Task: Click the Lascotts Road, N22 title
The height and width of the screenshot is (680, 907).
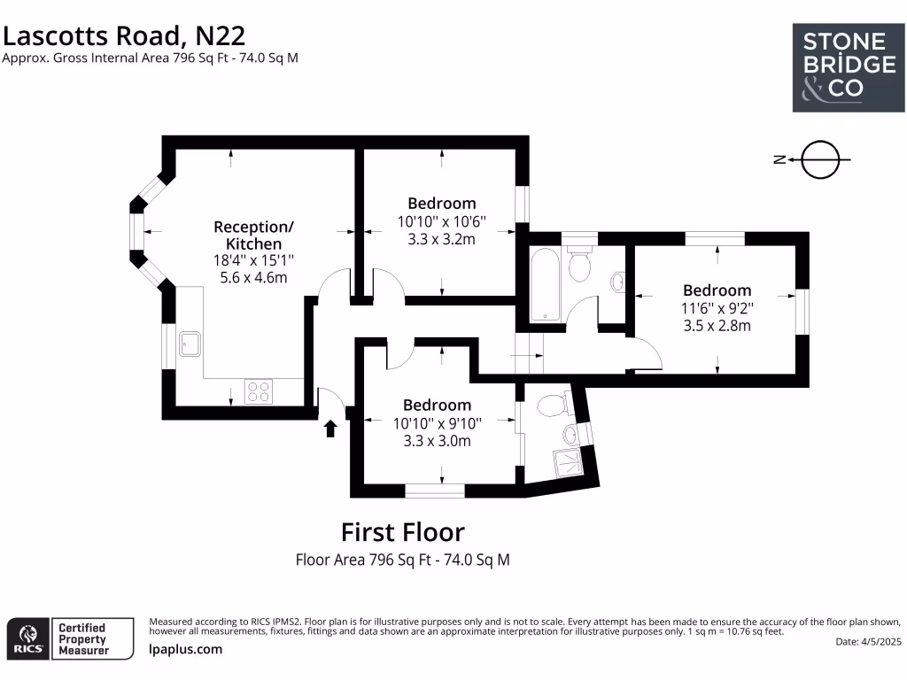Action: click(x=124, y=35)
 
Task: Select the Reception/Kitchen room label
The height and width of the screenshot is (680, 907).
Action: click(x=253, y=235)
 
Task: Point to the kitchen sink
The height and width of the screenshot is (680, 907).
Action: click(x=190, y=343)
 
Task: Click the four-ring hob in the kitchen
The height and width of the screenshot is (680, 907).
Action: click(x=258, y=390)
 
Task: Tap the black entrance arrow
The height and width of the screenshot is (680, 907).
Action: click(x=330, y=429)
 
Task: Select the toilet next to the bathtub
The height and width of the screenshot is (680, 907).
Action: click(x=580, y=264)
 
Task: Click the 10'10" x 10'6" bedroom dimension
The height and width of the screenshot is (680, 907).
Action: click(x=441, y=220)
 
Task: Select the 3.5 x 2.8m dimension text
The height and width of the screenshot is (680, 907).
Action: click(x=717, y=325)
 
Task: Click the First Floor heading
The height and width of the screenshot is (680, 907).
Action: click(x=402, y=532)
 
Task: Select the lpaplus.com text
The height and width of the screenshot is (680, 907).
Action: click(x=185, y=649)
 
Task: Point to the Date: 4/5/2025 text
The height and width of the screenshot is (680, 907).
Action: click(x=868, y=641)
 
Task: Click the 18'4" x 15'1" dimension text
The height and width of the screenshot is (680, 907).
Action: click(x=253, y=260)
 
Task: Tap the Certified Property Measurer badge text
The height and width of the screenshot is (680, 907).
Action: click(x=82, y=638)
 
